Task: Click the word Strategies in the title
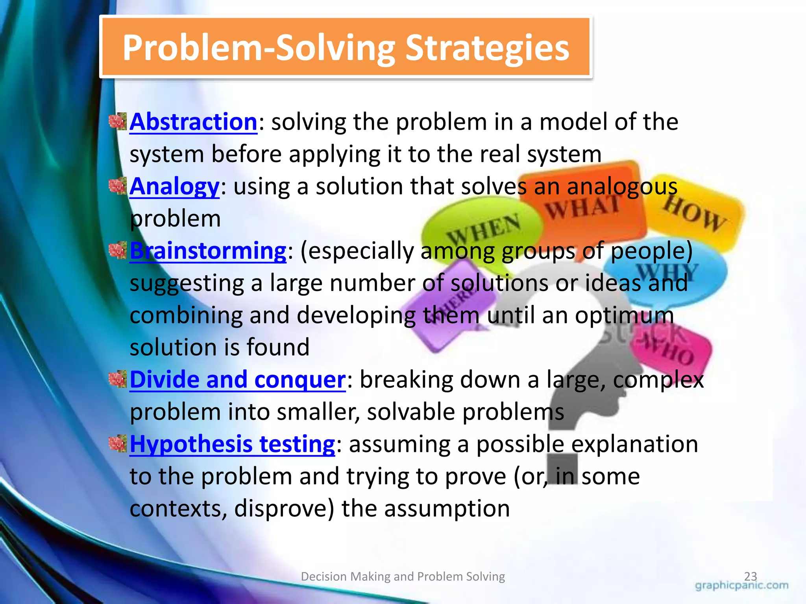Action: coord(487,48)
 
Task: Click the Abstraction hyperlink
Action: coord(193,122)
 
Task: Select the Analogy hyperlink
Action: coord(174,186)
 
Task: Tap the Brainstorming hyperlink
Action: coord(208,251)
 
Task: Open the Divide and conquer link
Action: coord(237,380)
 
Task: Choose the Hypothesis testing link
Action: coord(232,444)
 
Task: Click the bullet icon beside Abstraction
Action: coord(117,121)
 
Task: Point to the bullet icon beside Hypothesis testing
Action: coord(117,444)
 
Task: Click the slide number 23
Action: coord(750,576)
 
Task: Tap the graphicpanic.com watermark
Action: coord(741,586)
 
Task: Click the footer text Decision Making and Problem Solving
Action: coord(403,576)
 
